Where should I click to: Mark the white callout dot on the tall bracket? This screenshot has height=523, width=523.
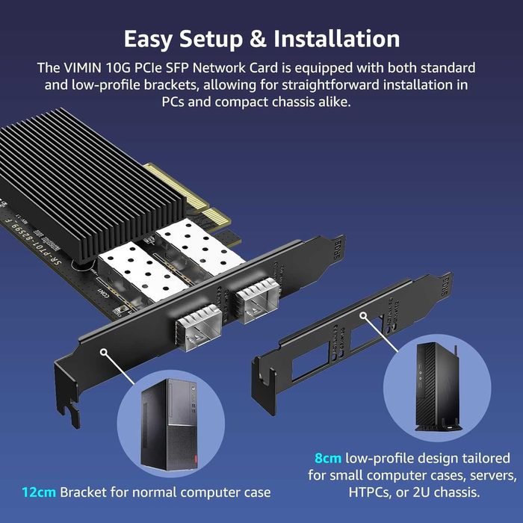(103, 350)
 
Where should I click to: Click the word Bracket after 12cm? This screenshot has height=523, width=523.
(85, 492)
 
